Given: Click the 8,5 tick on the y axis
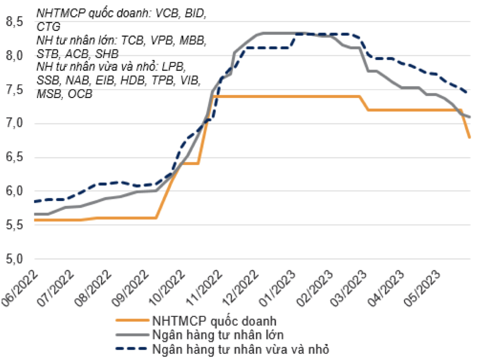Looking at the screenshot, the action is (14, 22).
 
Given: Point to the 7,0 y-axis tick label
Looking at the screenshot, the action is (14, 123).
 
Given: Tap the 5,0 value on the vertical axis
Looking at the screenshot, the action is (14, 259).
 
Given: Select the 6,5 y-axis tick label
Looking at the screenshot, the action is (14, 157).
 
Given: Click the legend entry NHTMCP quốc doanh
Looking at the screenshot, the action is (214, 321).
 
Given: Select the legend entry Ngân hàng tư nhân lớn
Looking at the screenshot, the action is (218, 335).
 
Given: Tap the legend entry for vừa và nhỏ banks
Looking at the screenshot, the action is (240, 349).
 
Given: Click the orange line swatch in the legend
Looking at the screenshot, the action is (132, 320).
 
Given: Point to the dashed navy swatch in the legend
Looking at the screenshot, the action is (131, 348).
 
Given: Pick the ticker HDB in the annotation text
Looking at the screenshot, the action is (133, 80).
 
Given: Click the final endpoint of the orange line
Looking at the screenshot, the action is (469, 137).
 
